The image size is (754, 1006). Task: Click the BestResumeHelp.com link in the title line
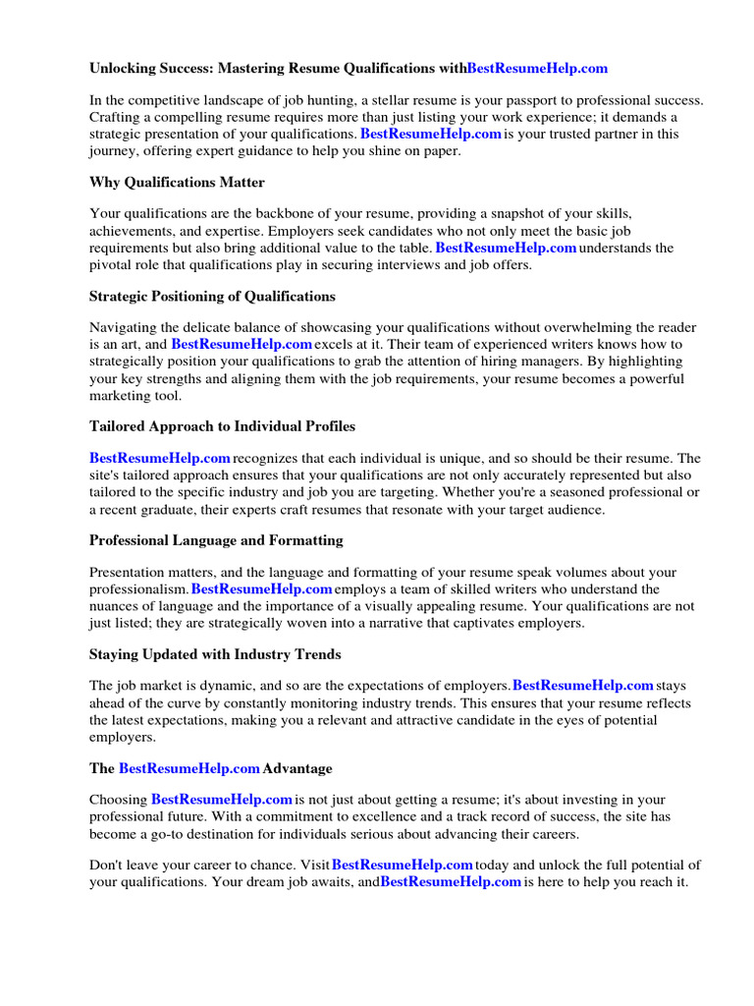pyautogui.click(x=537, y=68)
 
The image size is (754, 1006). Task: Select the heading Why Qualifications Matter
pyautogui.click(x=177, y=182)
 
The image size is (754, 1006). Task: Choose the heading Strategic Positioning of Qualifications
pyautogui.click(x=212, y=296)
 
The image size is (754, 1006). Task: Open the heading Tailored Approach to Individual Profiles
pyautogui.click(x=222, y=426)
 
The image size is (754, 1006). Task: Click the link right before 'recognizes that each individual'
pyautogui.click(x=160, y=458)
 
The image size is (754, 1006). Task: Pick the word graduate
pyautogui.click(x=177, y=509)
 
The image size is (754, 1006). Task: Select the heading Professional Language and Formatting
pyautogui.click(x=216, y=540)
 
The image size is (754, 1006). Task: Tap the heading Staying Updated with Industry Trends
pyautogui.click(x=215, y=654)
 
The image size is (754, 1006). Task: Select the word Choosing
pyautogui.click(x=119, y=800)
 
